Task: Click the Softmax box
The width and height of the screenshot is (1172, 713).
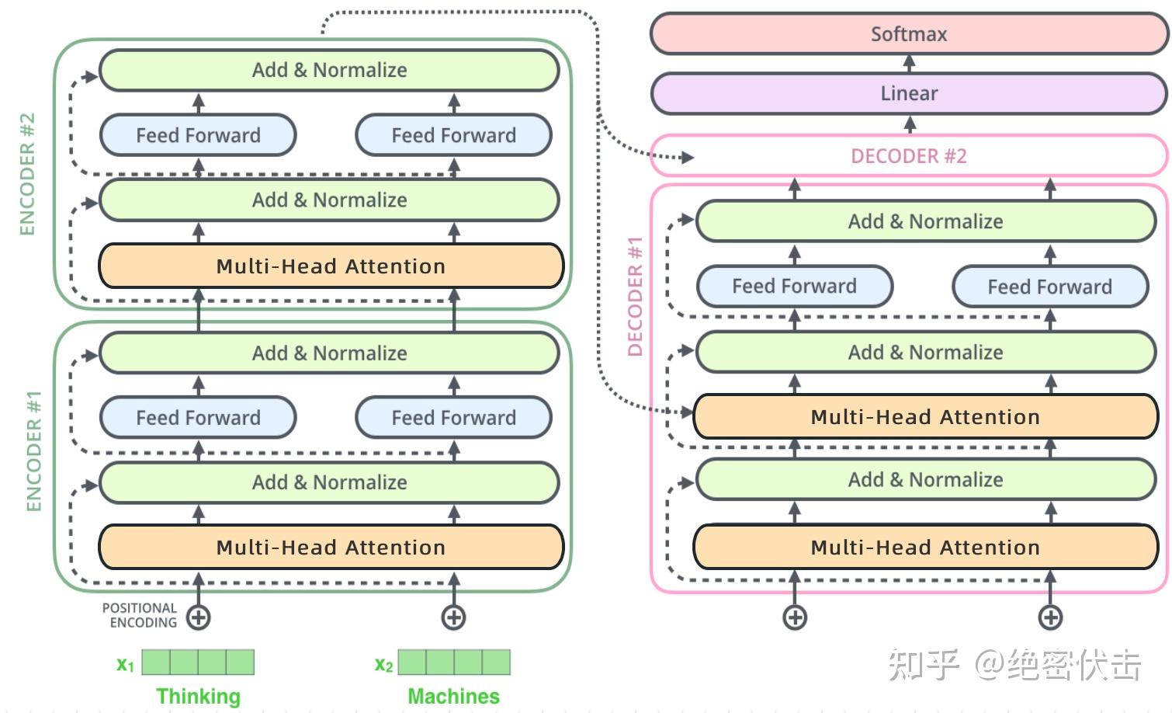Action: [910, 34]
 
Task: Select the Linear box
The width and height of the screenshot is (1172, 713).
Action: [910, 93]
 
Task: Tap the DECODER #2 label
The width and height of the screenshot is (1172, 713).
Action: [909, 156]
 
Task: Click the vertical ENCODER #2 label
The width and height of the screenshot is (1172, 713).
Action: [27, 174]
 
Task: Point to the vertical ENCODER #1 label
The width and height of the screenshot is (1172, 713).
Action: [34, 450]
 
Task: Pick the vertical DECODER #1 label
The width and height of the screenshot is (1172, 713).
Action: [635, 296]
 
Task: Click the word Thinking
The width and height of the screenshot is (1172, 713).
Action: [198, 697]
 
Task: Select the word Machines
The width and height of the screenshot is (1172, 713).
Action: [453, 696]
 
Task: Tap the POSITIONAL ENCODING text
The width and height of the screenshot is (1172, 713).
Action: [140, 615]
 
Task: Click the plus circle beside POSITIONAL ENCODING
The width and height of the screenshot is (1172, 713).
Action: [198, 617]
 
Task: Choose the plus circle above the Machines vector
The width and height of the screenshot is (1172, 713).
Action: [453, 617]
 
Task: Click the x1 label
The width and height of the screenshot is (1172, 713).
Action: [126, 664]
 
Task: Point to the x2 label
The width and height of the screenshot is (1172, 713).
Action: [383, 664]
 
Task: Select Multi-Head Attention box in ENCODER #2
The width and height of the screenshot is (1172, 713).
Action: [331, 266]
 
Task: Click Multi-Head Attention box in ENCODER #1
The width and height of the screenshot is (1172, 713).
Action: [331, 547]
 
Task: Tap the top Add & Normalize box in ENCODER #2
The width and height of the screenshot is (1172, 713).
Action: [330, 70]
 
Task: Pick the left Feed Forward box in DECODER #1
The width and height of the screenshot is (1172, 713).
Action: [795, 287]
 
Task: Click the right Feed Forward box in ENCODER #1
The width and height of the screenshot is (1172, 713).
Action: [453, 417]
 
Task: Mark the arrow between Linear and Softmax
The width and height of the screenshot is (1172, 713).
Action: [910, 64]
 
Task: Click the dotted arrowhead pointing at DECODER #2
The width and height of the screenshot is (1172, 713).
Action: [688, 157]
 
